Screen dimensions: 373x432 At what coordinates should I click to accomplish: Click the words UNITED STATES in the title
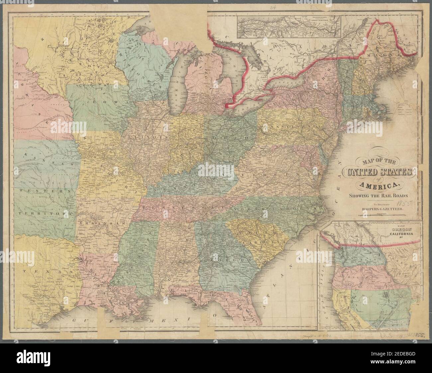pos(380,172)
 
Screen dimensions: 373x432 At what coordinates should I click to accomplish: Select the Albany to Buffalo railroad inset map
pos(289,25)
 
